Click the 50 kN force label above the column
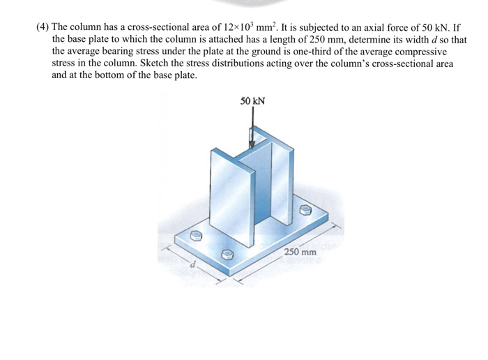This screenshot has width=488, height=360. point(252,102)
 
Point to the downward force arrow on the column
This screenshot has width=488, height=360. point(252,130)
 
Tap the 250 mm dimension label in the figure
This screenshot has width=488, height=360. point(300,251)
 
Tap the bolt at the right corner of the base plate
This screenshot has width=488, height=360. point(304,209)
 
